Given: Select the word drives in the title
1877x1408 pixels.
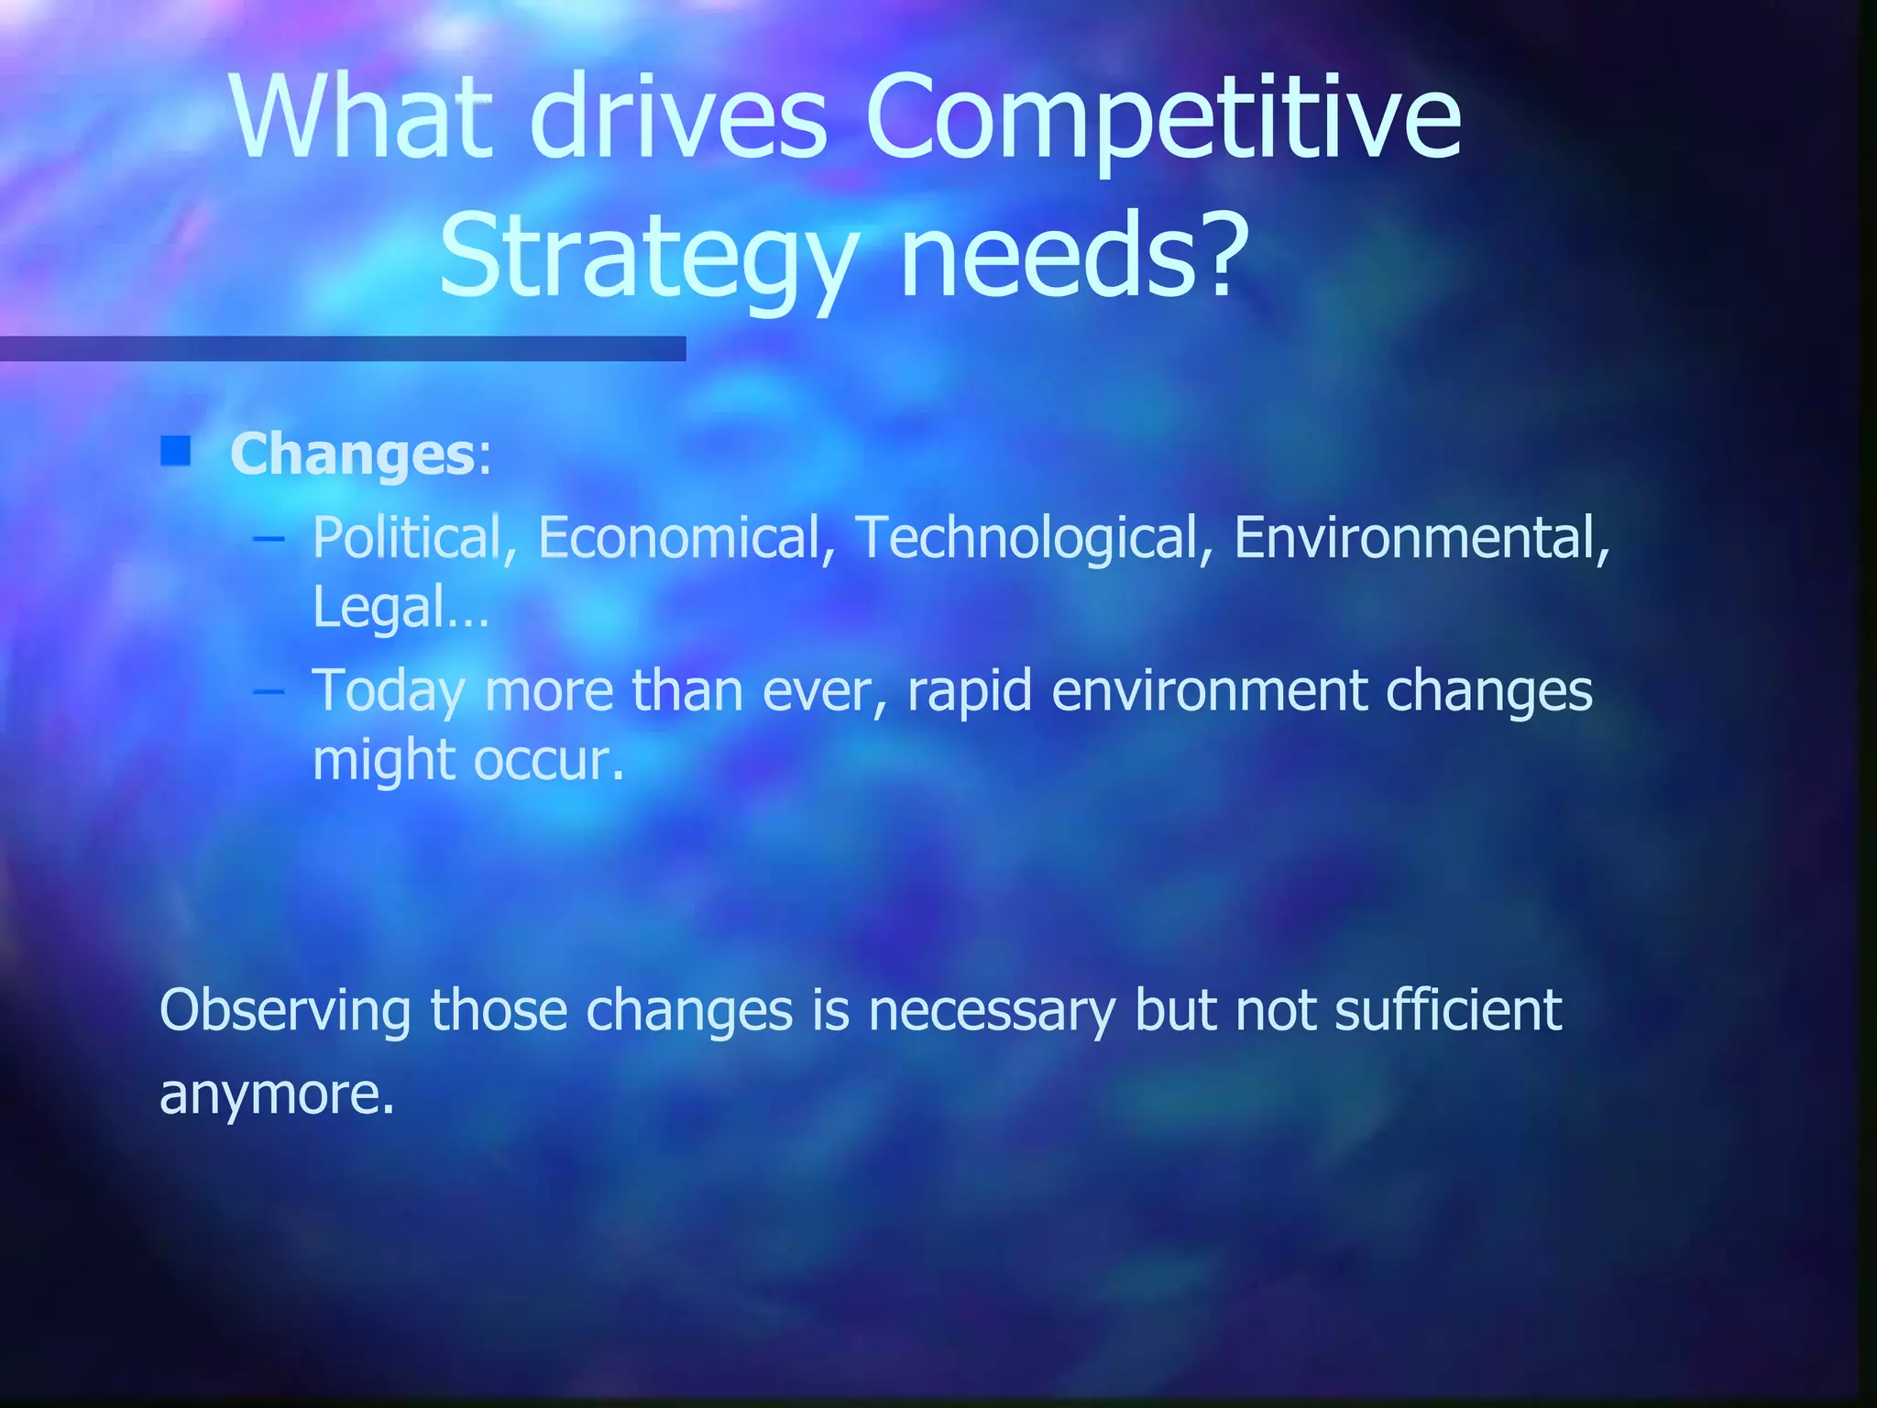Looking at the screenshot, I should (678, 116).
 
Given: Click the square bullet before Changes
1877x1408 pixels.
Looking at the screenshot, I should (175, 451).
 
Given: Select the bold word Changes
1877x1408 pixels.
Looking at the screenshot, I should (352, 455).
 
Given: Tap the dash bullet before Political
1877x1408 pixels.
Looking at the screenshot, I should (268, 538).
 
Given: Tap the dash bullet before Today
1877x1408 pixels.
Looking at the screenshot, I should (268, 689).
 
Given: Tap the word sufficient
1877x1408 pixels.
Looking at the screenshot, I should (1448, 1010).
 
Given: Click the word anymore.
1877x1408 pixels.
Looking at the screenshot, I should (277, 1094).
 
